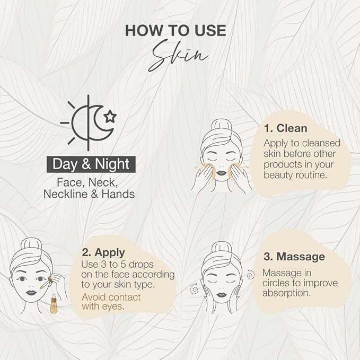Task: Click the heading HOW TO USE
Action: [175, 30]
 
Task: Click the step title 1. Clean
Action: [285, 128]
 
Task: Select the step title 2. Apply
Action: [103, 252]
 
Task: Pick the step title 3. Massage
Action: [294, 257]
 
